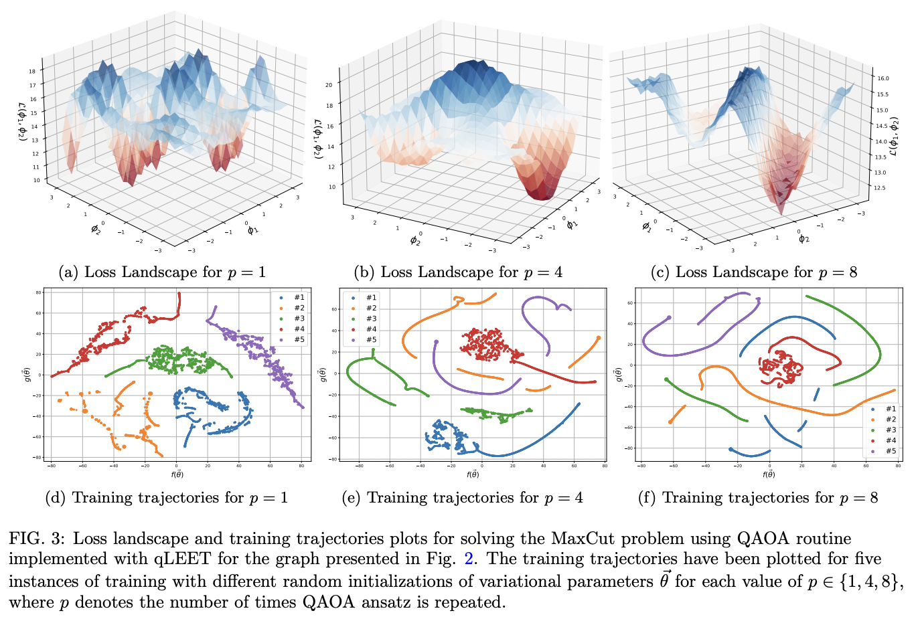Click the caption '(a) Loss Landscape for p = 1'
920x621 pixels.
click(x=162, y=272)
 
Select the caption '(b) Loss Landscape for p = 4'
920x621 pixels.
click(x=458, y=272)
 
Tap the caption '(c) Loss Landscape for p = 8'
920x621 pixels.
click(x=753, y=272)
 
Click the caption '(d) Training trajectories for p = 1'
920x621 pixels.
click(x=166, y=498)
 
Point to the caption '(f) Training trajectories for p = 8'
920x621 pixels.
click(x=757, y=498)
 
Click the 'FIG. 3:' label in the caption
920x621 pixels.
click(x=37, y=539)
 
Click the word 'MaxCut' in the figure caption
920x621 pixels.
click(x=581, y=539)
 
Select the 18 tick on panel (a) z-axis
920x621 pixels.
click(x=31, y=71)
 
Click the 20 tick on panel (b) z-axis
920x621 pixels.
click(x=329, y=85)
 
